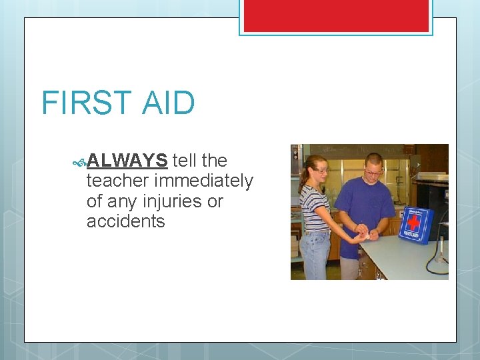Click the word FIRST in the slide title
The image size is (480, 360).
85,103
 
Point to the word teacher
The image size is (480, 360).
117,181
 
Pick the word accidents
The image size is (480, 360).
125,221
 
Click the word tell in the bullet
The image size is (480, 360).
184,161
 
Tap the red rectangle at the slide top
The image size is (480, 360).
336,15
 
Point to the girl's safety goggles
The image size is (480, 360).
321,171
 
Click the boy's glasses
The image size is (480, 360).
373,172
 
